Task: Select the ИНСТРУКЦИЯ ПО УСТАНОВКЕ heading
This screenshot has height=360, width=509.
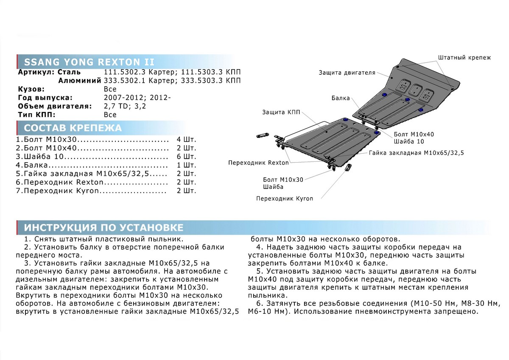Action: (x=103, y=226)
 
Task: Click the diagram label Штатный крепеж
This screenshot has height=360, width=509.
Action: (x=464, y=57)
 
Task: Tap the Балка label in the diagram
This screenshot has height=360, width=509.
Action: (x=341, y=98)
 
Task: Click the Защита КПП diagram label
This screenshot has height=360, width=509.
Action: (x=281, y=112)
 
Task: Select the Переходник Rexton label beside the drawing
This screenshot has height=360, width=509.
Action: (x=258, y=163)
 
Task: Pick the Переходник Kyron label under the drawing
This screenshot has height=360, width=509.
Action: (x=284, y=199)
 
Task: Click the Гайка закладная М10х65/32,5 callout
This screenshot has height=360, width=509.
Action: (x=416, y=152)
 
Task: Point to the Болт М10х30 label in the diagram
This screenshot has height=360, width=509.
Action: (x=283, y=180)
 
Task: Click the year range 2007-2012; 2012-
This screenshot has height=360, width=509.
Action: (x=137, y=98)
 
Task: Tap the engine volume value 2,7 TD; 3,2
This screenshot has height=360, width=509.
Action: (x=125, y=106)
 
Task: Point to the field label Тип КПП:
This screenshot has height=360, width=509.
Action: (x=37, y=115)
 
